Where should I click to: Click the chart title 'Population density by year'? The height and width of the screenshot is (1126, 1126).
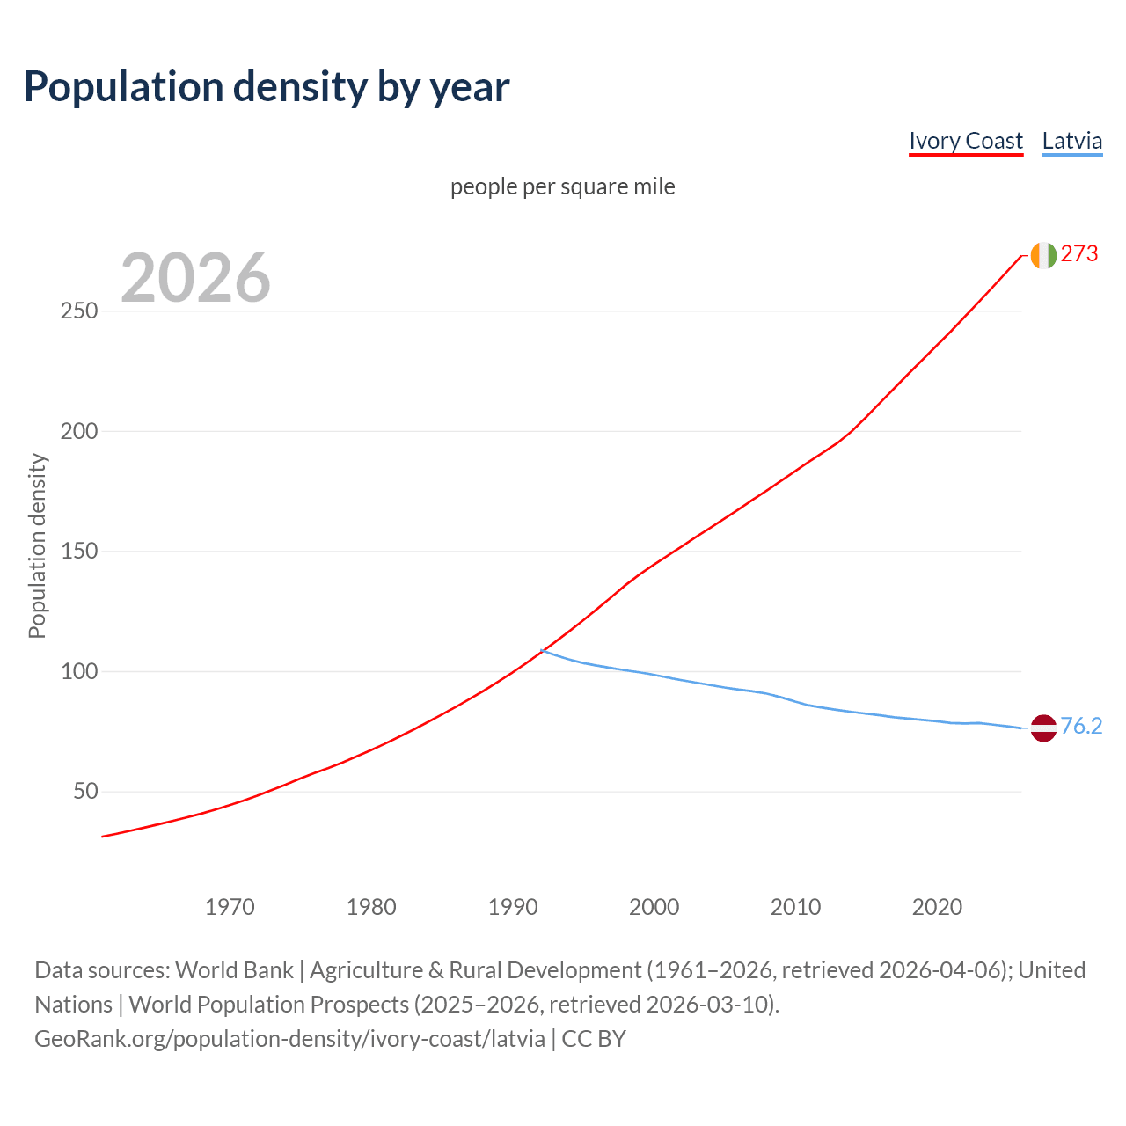(267, 86)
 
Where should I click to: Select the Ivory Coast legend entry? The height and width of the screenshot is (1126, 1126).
(965, 141)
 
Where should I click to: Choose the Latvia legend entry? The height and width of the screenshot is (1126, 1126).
(1071, 141)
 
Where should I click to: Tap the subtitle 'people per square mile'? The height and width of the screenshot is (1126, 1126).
(562, 186)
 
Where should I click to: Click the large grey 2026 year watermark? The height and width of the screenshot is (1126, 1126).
(195, 278)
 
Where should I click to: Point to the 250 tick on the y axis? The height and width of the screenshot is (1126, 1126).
(79, 311)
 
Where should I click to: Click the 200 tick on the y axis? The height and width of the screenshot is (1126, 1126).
(79, 432)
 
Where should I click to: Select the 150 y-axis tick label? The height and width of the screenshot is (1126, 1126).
(79, 552)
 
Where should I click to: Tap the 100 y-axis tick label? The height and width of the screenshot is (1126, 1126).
(79, 672)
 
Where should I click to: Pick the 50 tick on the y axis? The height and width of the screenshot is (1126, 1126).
(85, 792)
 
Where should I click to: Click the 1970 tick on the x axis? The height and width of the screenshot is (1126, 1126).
(230, 906)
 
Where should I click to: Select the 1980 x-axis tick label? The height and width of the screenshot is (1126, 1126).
(371, 906)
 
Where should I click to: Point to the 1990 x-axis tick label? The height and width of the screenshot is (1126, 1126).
(513, 906)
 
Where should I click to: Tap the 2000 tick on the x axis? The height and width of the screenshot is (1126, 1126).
(654, 906)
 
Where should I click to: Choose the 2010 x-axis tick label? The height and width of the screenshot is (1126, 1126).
(795, 906)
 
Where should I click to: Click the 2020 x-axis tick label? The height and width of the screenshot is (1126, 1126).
(937, 906)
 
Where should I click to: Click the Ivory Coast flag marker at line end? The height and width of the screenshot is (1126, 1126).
(1042, 255)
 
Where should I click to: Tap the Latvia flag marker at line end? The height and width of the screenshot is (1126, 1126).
(1042, 728)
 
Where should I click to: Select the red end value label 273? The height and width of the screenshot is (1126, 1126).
(1079, 254)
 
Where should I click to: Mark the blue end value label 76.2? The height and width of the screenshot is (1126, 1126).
(1081, 726)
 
